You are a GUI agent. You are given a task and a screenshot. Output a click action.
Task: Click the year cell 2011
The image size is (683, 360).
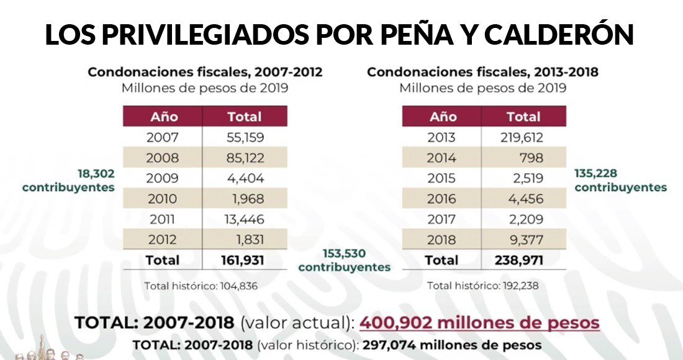coord(162,219)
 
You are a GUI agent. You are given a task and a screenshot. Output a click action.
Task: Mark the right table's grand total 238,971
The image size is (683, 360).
coord(518,260)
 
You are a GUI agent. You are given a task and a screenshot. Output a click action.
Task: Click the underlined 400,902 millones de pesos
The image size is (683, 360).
coord(479,323)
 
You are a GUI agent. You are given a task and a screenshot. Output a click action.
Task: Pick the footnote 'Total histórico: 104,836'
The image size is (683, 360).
coord(201,286)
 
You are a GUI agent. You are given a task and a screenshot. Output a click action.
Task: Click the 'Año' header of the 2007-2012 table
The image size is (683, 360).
coord(164,117)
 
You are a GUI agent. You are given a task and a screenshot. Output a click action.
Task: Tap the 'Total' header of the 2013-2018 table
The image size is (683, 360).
coord(523,117)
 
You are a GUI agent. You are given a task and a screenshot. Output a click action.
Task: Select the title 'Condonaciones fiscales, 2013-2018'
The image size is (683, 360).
coord(482,72)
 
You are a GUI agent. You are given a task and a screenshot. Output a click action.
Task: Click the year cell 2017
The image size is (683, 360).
coord(441,219)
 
